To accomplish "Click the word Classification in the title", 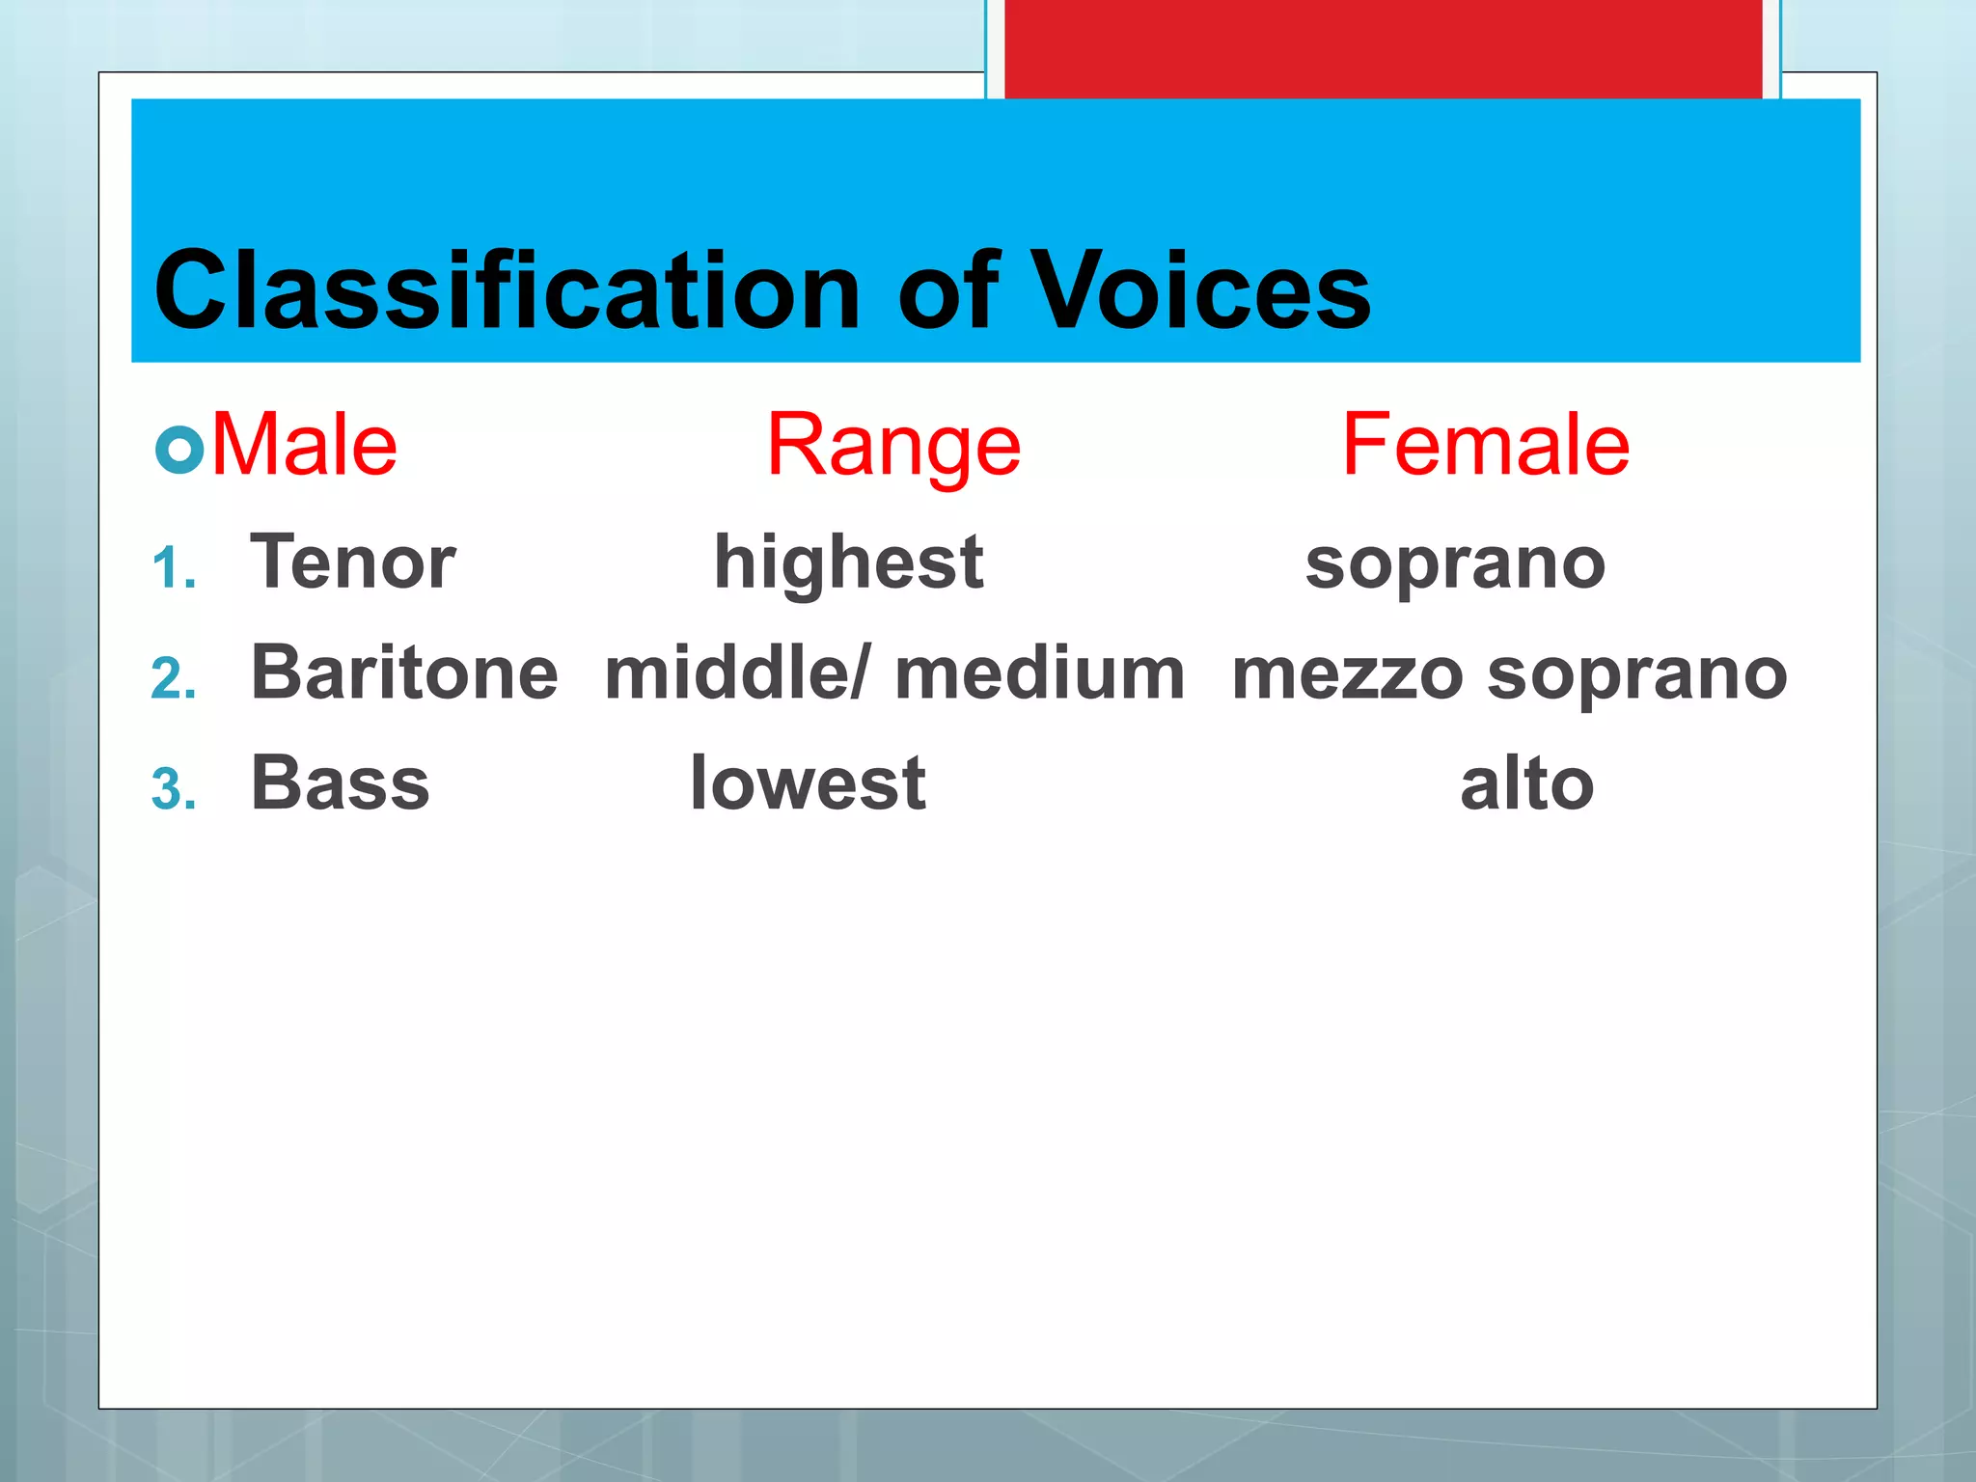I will (507, 289).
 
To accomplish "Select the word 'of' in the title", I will (947, 289).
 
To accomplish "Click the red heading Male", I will (304, 445).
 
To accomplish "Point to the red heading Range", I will (893, 447).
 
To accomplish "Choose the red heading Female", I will (1485, 445).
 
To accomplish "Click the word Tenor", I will (353, 562).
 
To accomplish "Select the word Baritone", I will (404, 672).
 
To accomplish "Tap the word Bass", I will (340, 782).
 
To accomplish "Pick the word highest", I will (848, 563).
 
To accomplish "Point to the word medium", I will (1040, 672).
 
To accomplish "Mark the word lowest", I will (808, 782).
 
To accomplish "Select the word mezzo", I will (1347, 674).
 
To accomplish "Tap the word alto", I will (1526, 783).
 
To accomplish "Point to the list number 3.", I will (174, 789).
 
